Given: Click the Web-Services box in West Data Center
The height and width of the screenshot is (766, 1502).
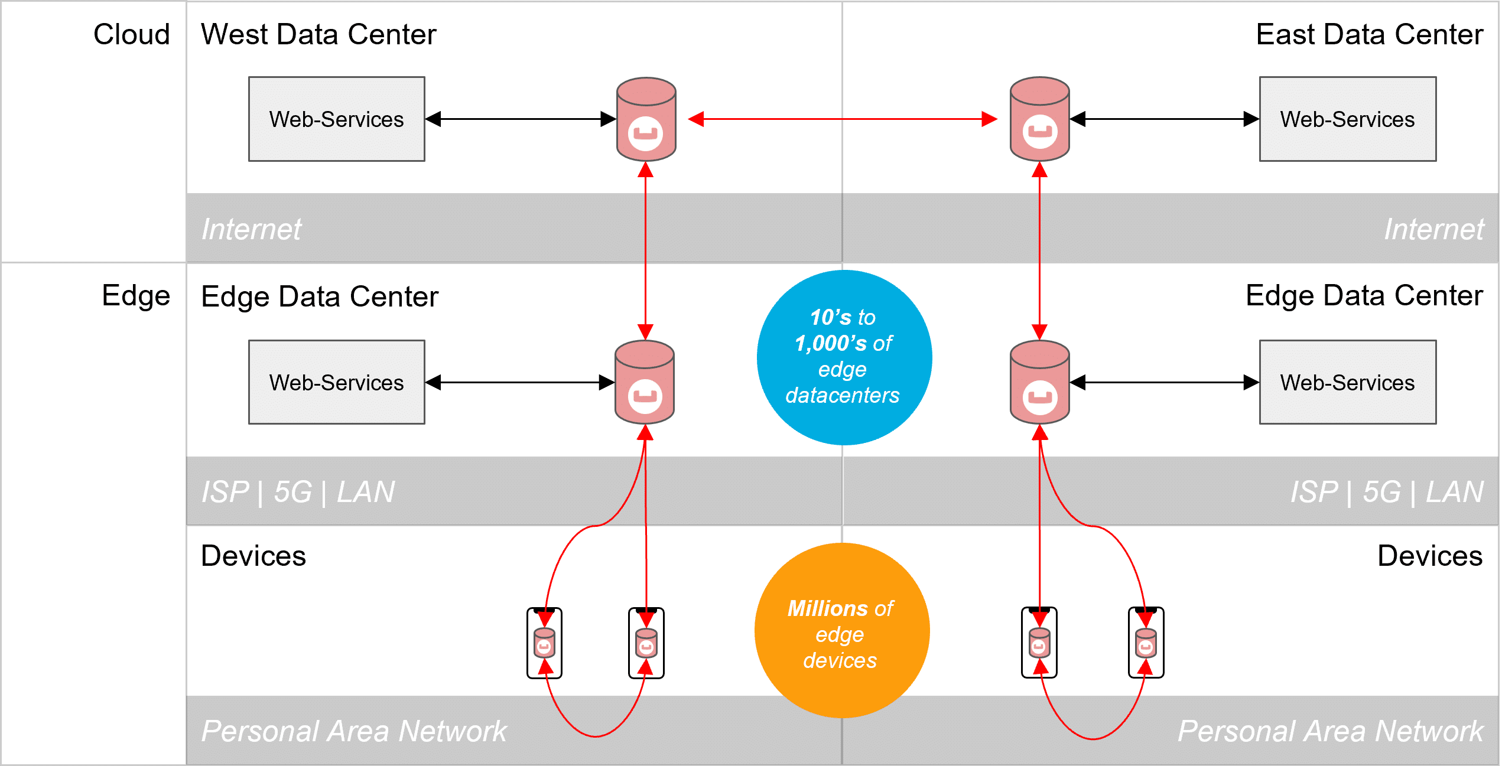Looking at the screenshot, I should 336,119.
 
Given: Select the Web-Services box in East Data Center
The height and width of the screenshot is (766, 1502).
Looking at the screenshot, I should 1347,119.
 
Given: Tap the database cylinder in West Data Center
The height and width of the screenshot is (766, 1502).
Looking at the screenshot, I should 646,119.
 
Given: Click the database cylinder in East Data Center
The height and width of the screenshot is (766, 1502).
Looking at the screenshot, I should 1039,119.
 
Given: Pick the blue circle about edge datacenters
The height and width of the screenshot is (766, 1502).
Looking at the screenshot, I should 844,357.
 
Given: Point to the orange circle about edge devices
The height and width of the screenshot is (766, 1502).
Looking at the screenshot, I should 841,630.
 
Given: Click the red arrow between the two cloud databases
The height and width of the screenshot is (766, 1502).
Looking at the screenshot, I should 843,119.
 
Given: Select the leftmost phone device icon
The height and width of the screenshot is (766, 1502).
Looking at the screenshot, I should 544,643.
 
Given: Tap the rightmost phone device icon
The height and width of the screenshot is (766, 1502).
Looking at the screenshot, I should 1146,643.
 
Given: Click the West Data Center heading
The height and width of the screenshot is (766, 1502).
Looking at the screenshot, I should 318,34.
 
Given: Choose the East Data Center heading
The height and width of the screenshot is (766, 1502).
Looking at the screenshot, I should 1368,34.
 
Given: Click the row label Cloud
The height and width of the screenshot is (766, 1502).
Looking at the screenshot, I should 131,34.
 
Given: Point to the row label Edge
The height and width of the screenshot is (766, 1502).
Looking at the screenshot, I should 136,295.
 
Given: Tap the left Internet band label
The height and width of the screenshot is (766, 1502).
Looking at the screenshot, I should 251,229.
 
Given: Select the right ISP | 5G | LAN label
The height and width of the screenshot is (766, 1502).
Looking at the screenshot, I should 1386,492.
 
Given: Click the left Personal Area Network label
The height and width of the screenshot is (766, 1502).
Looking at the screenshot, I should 353,731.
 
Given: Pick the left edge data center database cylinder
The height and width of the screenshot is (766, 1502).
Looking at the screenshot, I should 645,382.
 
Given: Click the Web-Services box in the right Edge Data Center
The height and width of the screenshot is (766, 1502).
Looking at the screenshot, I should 1347,382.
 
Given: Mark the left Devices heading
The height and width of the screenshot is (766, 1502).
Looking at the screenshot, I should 253,556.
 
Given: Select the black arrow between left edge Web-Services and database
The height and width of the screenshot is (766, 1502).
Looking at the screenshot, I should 520,382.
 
